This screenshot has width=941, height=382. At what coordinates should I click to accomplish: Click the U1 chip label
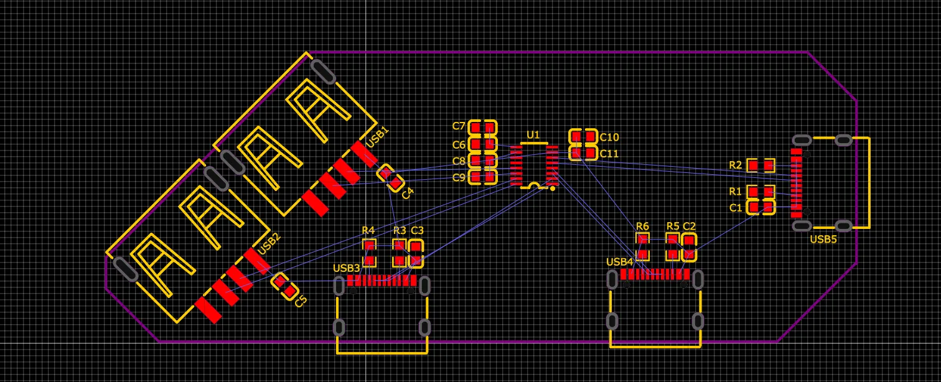click(533, 134)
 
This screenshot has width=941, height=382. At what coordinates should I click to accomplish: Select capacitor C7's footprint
click(482, 128)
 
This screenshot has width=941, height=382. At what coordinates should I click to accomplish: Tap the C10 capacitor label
click(609, 137)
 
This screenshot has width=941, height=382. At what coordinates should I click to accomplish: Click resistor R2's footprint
click(761, 165)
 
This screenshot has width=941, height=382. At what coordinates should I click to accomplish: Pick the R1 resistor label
click(736, 191)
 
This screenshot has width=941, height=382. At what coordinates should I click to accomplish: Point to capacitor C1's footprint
click(761, 207)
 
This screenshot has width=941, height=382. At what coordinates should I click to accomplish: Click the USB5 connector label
click(823, 239)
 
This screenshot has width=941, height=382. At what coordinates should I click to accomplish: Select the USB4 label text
click(619, 262)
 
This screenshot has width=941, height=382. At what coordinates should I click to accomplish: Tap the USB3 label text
click(347, 268)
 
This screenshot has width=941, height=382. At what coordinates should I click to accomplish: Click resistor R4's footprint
click(369, 253)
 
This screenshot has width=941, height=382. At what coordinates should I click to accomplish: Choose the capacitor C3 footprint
click(416, 253)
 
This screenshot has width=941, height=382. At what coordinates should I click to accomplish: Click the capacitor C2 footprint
click(688, 247)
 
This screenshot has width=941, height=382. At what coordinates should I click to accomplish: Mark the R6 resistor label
click(642, 226)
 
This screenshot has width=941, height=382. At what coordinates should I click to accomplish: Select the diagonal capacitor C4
click(391, 178)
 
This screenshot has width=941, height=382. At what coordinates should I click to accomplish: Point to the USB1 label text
click(377, 137)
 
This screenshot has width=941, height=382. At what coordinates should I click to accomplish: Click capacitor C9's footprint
click(482, 177)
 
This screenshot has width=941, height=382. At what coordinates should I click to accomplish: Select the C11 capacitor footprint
click(583, 152)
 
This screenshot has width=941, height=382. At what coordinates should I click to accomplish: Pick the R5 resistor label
click(673, 226)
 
